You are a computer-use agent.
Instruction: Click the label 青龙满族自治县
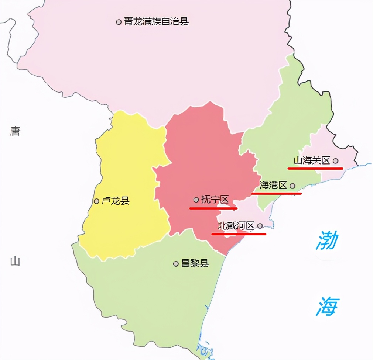pyautogui.click(x=156, y=22)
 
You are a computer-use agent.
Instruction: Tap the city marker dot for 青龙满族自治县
pyautogui.click(x=119, y=22)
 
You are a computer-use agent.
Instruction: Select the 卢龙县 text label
pyautogui.click(x=115, y=201)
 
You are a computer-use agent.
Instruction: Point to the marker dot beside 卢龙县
pyautogui.click(x=96, y=201)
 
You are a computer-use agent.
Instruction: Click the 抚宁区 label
pyautogui.click(x=215, y=200)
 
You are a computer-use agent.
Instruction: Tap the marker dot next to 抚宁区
pyautogui.click(x=196, y=200)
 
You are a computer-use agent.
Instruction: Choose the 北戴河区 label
pyautogui.click(x=236, y=226)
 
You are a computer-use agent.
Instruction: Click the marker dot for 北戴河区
pyautogui.click(x=260, y=226)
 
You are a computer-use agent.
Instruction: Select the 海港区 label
pyautogui.click(x=273, y=186)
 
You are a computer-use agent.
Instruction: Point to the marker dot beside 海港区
pyautogui.click(x=292, y=186)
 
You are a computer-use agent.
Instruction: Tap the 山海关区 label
pyautogui.click(x=311, y=160)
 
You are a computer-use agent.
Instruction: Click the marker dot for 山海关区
pyautogui.click(x=335, y=161)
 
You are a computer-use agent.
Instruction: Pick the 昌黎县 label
pyautogui.click(x=195, y=263)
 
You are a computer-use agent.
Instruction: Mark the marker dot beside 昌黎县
pyautogui.click(x=176, y=264)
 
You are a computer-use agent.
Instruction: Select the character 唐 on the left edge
pyautogui.click(x=15, y=131)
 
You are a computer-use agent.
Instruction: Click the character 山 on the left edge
pyautogui.click(x=15, y=262)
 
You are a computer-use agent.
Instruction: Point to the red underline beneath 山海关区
pyautogui.click(x=315, y=168)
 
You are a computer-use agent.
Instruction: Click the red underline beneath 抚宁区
pyautogui.click(x=213, y=208)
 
